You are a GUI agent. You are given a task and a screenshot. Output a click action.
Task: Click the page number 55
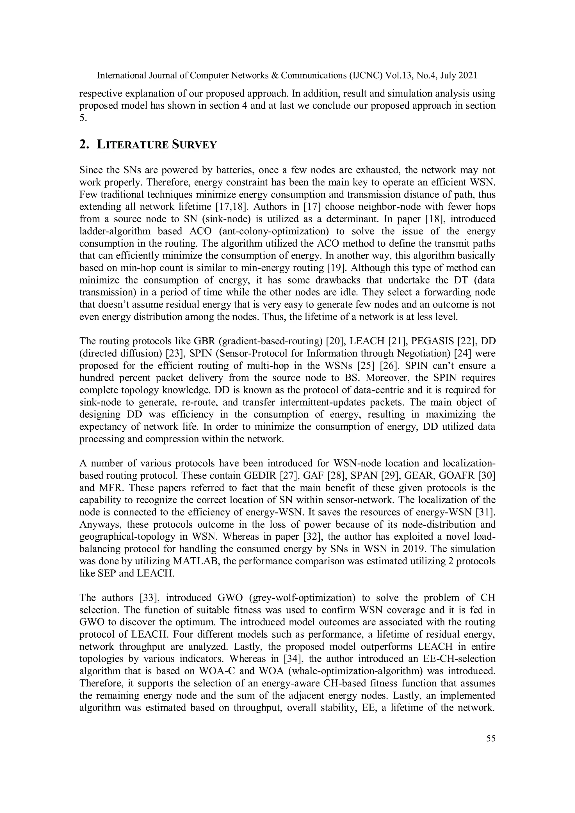pyautogui.click(x=491, y=738)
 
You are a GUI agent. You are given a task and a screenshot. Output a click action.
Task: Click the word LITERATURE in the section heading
pyautogui.click(x=133, y=145)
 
